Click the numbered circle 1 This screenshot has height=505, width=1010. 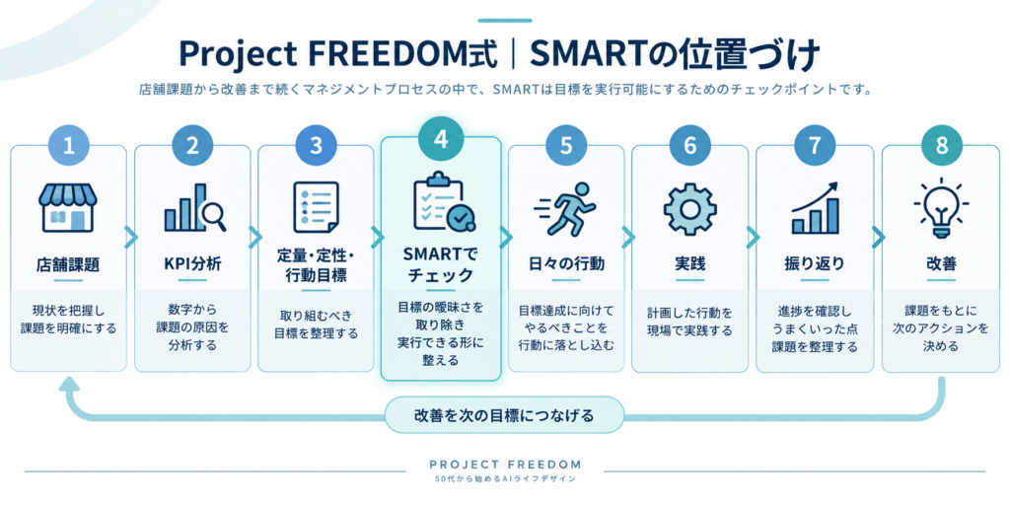click(68, 146)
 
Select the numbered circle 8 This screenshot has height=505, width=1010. click(942, 146)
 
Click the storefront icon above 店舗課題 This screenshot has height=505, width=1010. click(68, 207)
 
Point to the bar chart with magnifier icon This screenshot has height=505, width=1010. click(194, 207)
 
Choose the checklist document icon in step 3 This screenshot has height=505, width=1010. click(316, 207)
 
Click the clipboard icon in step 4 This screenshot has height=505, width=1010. click(443, 202)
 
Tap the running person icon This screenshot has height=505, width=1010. click(565, 207)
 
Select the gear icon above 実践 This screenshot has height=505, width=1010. click(689, 209)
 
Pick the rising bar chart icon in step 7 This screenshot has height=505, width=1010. click(816, 207)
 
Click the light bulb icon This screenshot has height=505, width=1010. click(942, 206)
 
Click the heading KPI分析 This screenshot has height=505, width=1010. click(192, 264)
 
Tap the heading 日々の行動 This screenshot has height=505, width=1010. click(565, 264)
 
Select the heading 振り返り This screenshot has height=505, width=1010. click(815, 264)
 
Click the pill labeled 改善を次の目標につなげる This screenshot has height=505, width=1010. click(504, 415)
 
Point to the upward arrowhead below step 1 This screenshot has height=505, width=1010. click(69, 386)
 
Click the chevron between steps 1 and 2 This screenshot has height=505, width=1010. click(131, 238)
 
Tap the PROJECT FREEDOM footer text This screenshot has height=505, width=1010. click(505, 464)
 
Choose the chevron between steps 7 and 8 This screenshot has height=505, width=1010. click(878, 238)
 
